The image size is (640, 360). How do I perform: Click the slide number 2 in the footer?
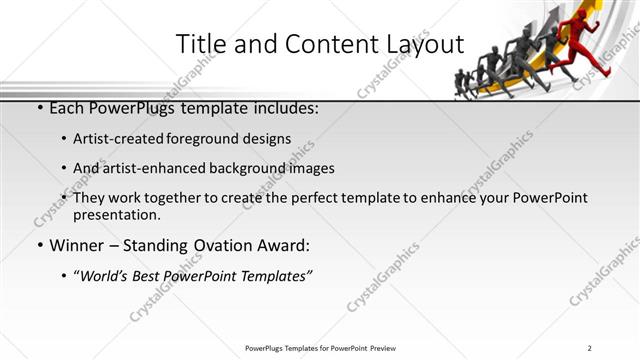[590, 348]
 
